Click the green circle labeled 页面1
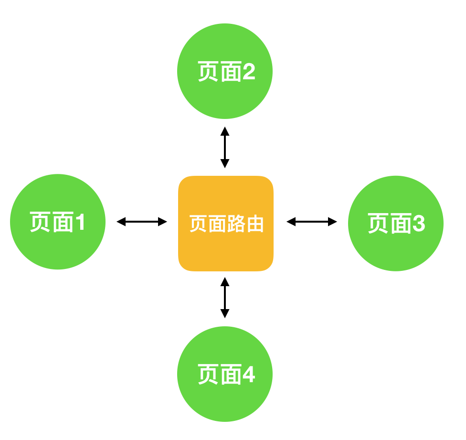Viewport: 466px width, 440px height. (x=58, y=222)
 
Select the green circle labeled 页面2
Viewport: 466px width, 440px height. (x=225, y=71)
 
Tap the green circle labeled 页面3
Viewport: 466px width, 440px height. (x=396, y=224)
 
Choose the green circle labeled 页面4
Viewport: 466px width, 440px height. (x=225, y=374)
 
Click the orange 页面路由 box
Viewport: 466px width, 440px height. (x=226, y=224)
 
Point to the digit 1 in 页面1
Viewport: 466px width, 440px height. (x=80, y=222)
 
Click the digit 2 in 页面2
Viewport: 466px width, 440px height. (x=248, y=72)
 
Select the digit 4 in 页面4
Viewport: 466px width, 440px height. (x=248, y=375)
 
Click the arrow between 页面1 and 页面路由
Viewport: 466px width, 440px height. (x=142, y=222)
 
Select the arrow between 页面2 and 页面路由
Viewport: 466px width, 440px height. (x=225, y=147)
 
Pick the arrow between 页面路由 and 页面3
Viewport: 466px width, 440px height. (x=312, y=222)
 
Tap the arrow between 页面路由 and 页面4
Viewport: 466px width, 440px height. (x=225, y=298)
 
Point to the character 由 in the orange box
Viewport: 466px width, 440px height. (x=255, y=224)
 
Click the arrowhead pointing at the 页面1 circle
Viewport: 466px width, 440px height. (x=121, y=222)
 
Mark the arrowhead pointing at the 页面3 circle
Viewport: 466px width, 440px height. (x=333, y=222)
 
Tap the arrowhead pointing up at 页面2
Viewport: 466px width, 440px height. (x=225, y=130)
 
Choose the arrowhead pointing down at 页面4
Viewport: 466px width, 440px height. (x=225, y=314)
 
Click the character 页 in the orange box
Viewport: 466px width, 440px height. (x=198, y=224)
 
